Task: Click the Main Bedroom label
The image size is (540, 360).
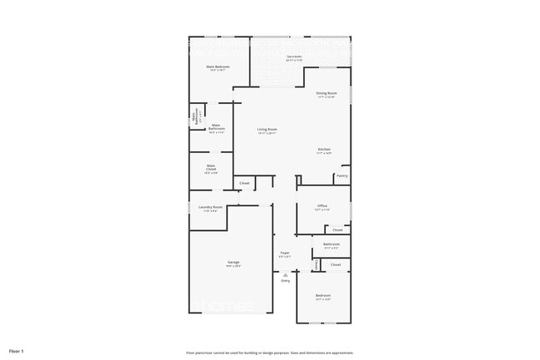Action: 217,66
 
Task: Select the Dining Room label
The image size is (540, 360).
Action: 326,93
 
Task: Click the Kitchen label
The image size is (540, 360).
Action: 324,150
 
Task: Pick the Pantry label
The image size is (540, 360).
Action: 341,175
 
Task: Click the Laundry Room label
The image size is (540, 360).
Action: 210,207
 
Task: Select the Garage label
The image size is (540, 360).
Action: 233,263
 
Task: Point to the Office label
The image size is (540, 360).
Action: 322,206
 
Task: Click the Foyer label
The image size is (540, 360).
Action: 284,253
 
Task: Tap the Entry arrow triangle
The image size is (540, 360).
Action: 285,274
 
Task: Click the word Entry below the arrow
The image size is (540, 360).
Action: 285,281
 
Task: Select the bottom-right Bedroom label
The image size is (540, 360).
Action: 322,296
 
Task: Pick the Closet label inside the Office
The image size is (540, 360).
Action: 337,229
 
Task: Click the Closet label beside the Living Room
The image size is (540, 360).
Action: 244,183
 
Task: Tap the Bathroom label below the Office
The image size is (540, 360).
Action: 331,244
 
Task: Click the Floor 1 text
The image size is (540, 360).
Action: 17,350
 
